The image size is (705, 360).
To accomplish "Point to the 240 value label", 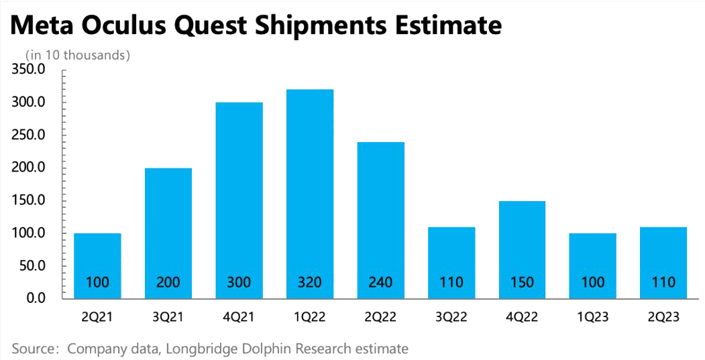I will point(380,282).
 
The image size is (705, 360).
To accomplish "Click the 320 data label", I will point(309,282).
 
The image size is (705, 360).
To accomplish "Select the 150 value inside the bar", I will point(521,282).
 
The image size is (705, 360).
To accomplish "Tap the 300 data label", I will point(239,282).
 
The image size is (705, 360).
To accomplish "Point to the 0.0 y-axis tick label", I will point(36,298).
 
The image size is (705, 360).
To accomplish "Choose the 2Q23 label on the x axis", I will point(663,316).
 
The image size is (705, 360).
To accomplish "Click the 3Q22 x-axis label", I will point(451,316).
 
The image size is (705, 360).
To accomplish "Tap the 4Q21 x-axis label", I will point(239,316).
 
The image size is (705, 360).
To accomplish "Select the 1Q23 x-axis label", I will point(592,316).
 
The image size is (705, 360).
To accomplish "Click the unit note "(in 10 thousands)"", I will point(77,55).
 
